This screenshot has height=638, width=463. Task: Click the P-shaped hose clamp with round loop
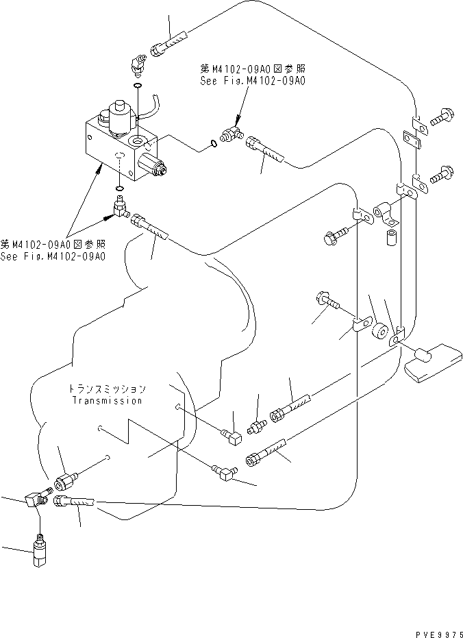(384, 210)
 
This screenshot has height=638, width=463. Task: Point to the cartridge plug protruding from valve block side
(152, 167)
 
